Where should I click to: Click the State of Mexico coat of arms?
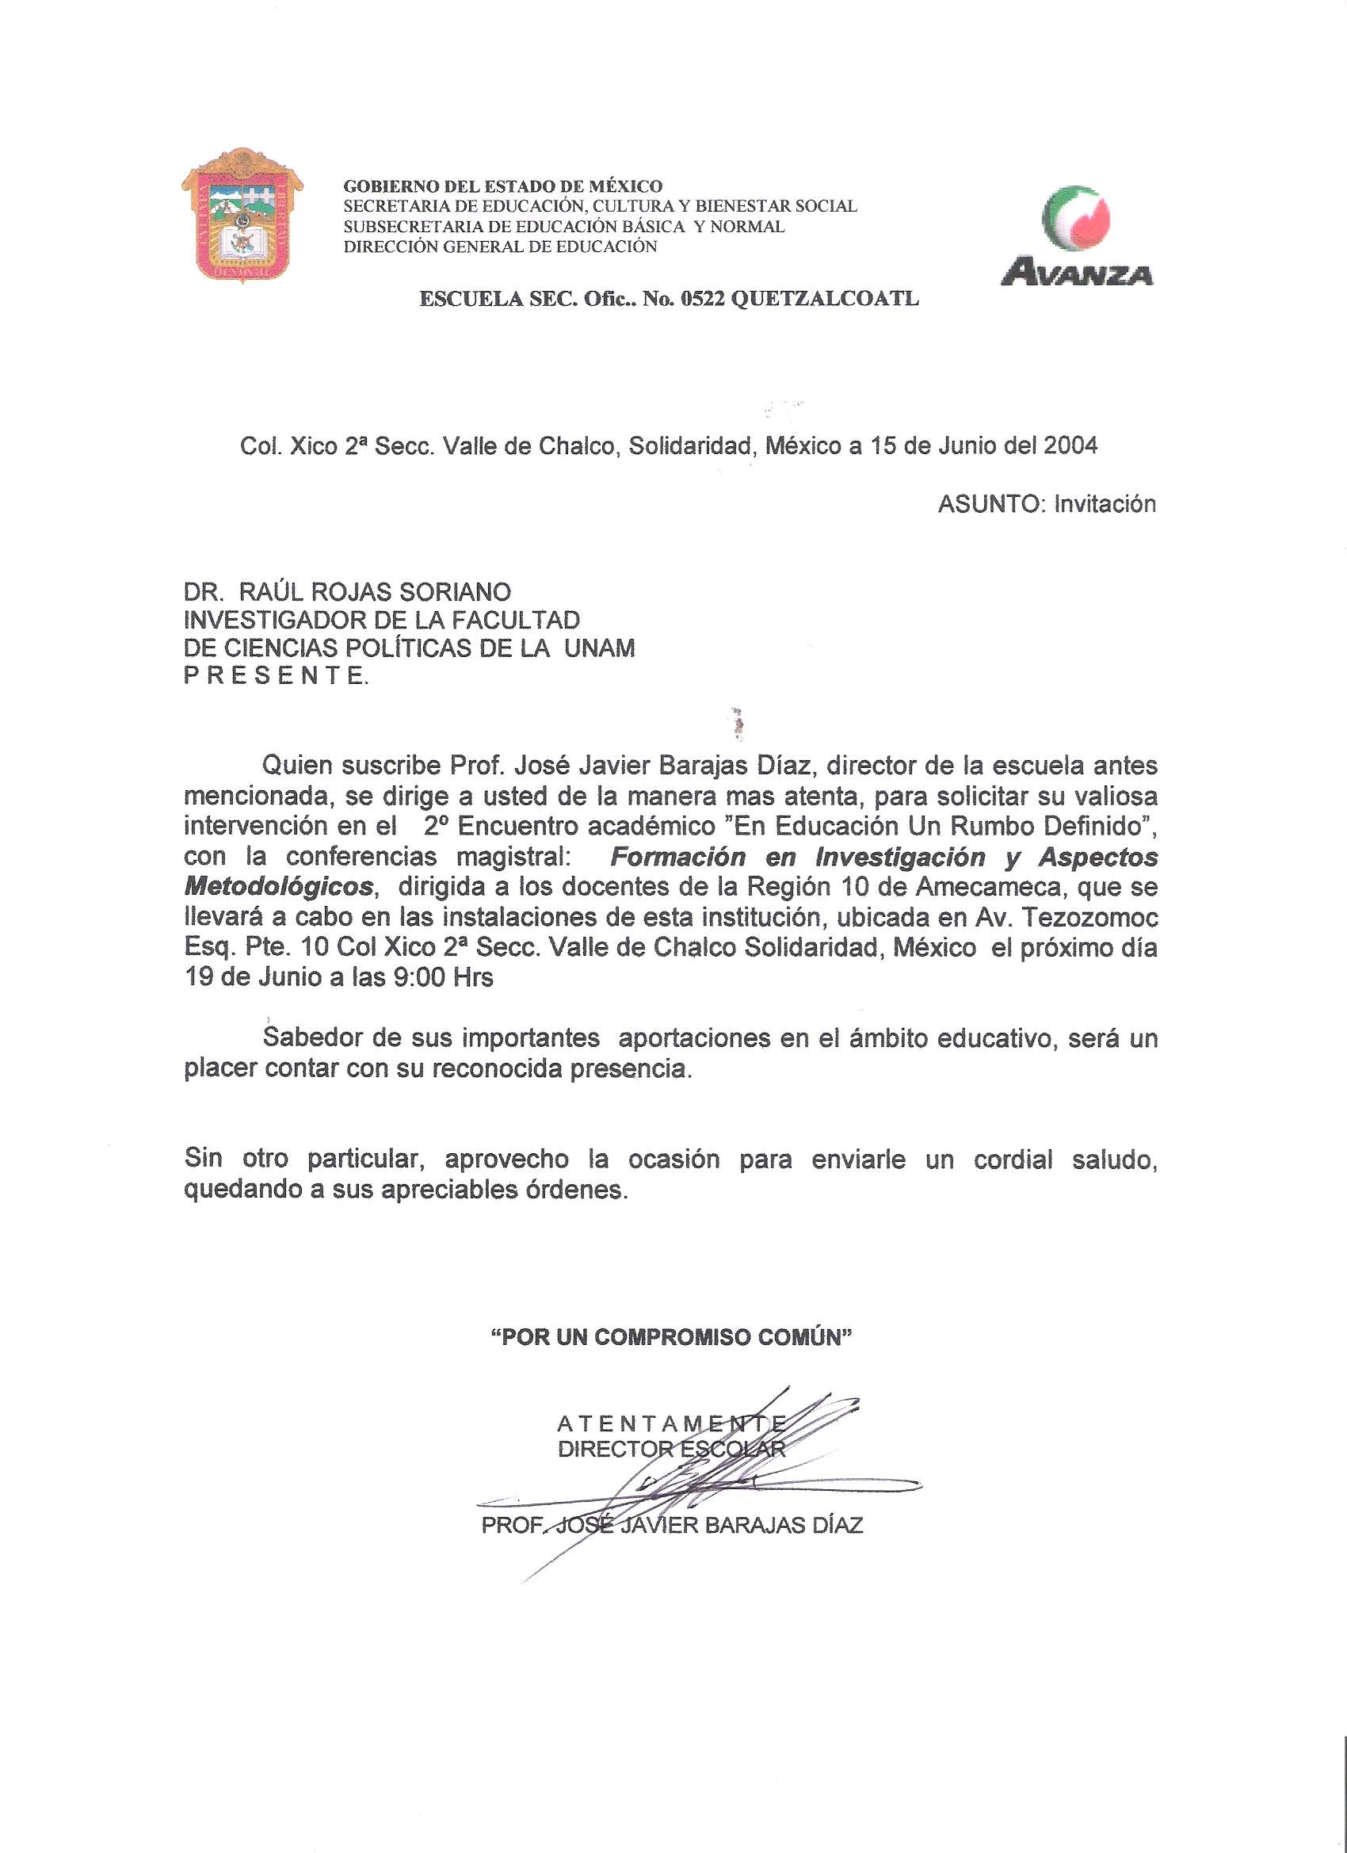[242, 215]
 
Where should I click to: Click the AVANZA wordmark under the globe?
[1077, 271]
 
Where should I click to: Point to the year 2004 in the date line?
[1070, 446]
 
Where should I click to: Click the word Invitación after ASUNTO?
[1105, 504]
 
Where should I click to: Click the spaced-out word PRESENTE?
[275, 678]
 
